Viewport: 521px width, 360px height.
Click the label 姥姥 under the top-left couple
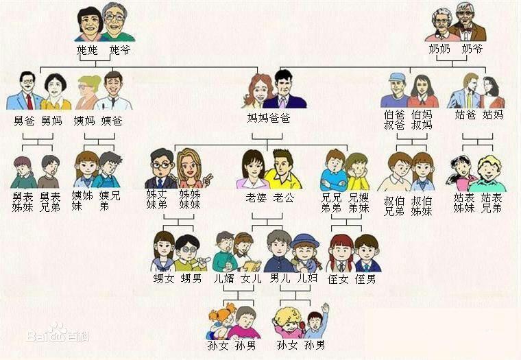(88, 50)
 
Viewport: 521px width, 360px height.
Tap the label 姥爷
(120, 50)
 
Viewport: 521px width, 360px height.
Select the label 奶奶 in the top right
(439, 49)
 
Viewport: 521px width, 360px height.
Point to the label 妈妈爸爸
(269, 118)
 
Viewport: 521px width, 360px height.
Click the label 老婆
(256, 197)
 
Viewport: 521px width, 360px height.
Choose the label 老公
(284, 197)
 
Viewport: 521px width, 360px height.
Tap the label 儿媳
(308, 279)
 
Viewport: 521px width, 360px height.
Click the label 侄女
(339, 279)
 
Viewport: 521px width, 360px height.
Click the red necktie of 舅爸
(29, 101)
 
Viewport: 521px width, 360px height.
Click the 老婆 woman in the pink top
(252, 171)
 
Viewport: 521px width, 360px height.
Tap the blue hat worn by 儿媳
(305, 240)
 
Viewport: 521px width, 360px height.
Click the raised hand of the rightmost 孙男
(325, 309)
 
